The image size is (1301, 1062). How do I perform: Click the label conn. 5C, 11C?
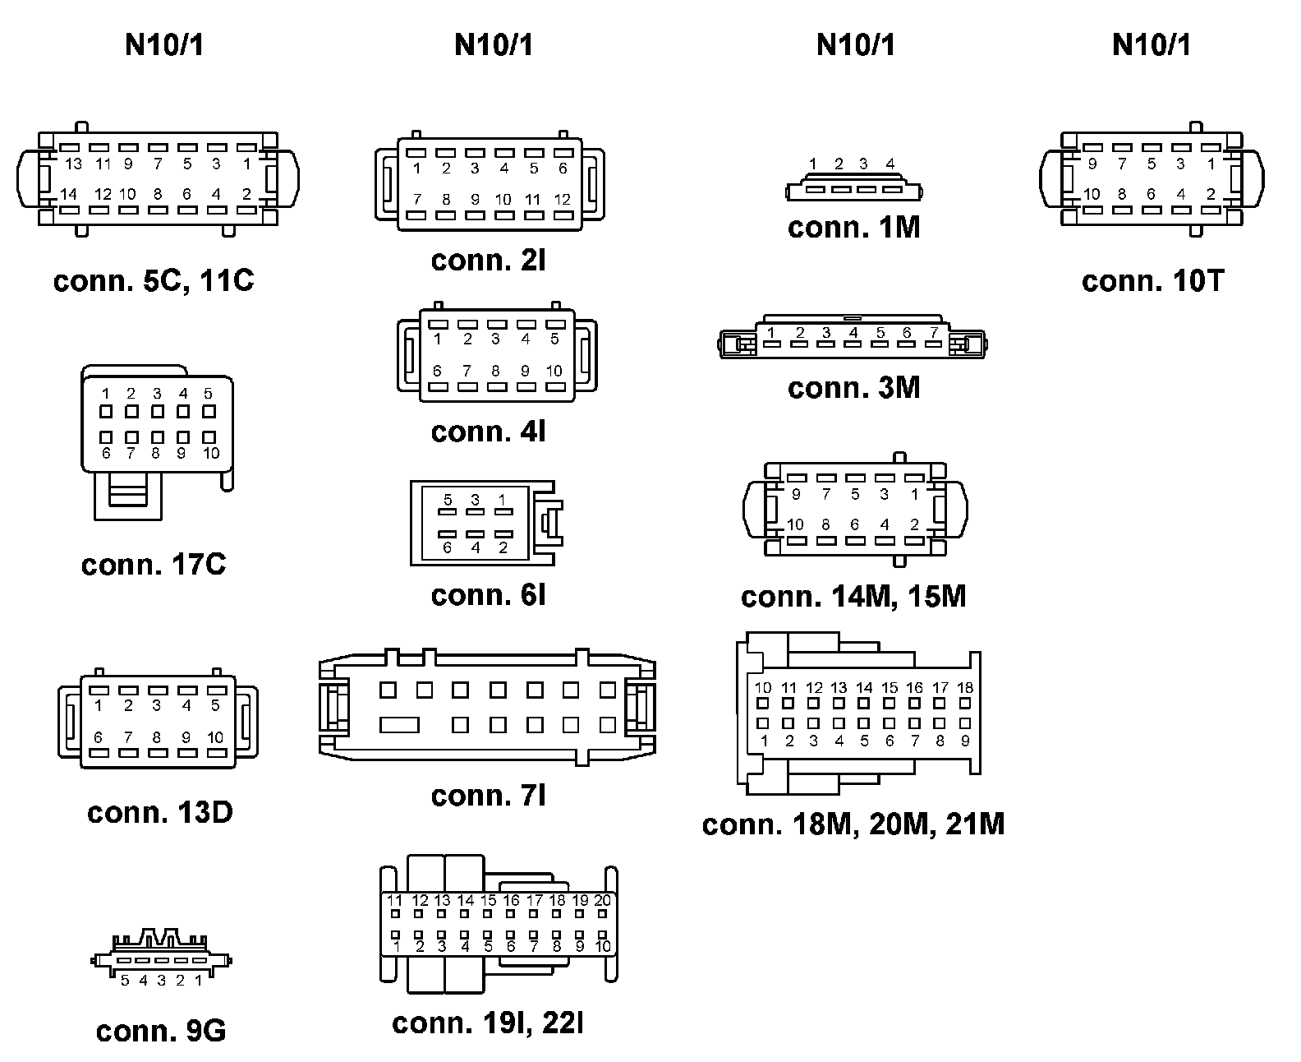point(154,281)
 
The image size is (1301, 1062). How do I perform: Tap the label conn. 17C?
point(154,565)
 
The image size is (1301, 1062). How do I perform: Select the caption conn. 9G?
point(161,1031)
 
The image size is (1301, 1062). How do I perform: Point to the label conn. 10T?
point(1152,281)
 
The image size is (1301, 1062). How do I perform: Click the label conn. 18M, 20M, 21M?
point(853,824)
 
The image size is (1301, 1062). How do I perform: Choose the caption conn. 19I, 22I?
point(488,1023)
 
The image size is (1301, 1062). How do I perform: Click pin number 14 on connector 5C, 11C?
point(69,195)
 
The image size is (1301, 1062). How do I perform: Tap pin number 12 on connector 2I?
point(563,199)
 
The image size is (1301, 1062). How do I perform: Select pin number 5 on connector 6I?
point(448,500)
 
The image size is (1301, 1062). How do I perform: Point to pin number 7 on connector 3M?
point(934,333)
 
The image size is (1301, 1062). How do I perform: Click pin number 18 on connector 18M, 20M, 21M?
point(966,688)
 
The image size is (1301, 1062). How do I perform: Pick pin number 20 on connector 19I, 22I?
point(603,900)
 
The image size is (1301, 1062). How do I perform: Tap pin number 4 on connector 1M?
point(890,164)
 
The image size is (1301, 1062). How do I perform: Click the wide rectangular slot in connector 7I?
point(400,725)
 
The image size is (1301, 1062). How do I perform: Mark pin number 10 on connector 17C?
point(211,453)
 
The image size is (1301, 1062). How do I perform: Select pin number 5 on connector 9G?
point(125,980)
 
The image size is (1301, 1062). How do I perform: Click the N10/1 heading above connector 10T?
point(1151,45)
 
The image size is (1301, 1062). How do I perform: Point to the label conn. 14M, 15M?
point(853,597)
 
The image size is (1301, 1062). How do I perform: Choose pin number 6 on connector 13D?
point(99,737)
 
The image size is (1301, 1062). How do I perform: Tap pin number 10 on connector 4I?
point(554,371)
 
